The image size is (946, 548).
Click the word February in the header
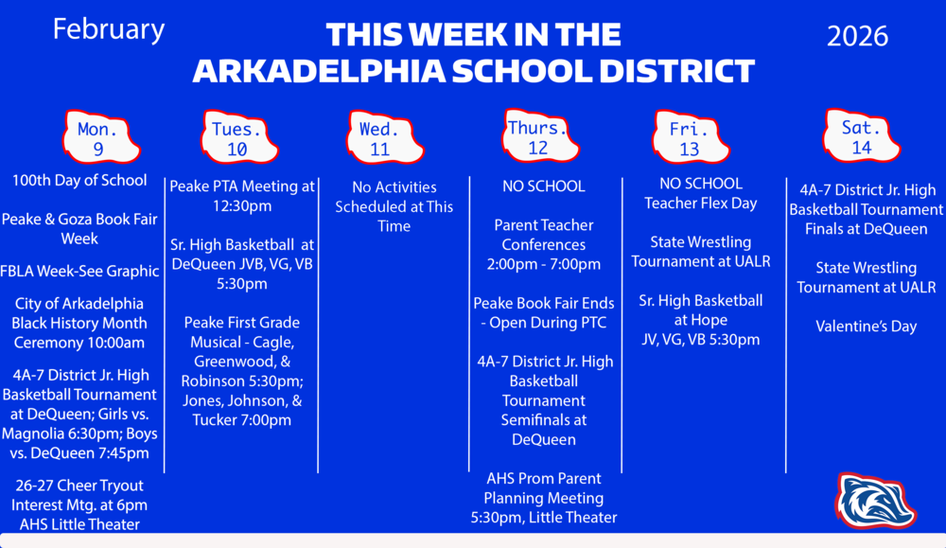click(x=108, y=29)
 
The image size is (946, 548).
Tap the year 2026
click(x=857, y=36)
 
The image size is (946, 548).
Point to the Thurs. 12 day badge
click(x=537, y=136)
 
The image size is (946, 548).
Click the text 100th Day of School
click(x=79, y=180)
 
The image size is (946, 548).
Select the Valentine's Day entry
click(x=866, y=327)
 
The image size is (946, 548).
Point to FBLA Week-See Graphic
click(x=79, y=272)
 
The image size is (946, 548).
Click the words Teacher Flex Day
click(x=700, y=203)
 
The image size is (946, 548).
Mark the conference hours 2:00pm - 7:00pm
click(x=543, y=264)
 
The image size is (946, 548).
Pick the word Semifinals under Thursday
click(x=543, y=419)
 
